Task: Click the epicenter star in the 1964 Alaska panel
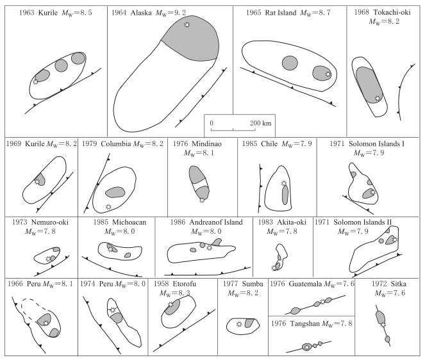click(x=187, y=24)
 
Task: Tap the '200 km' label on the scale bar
click(x=261, y=122)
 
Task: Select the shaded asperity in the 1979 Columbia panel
click(x=115, y=192)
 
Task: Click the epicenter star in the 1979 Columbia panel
click(x=108, y=206)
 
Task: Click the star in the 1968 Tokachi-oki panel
click(x=378, y=99)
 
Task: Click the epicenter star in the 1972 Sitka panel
click(x=383, y=325)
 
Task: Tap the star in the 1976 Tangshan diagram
click(x=307, y=347)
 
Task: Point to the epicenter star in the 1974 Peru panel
click(x=113, y=311)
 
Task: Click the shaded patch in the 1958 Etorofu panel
click(x=172, y=307)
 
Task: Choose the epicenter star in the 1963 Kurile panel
click(x=36, y=81)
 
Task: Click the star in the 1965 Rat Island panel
click(x=328, y=74)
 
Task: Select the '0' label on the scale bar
click(x=212, y=122)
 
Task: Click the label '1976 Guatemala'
click(x=297, y=284)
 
